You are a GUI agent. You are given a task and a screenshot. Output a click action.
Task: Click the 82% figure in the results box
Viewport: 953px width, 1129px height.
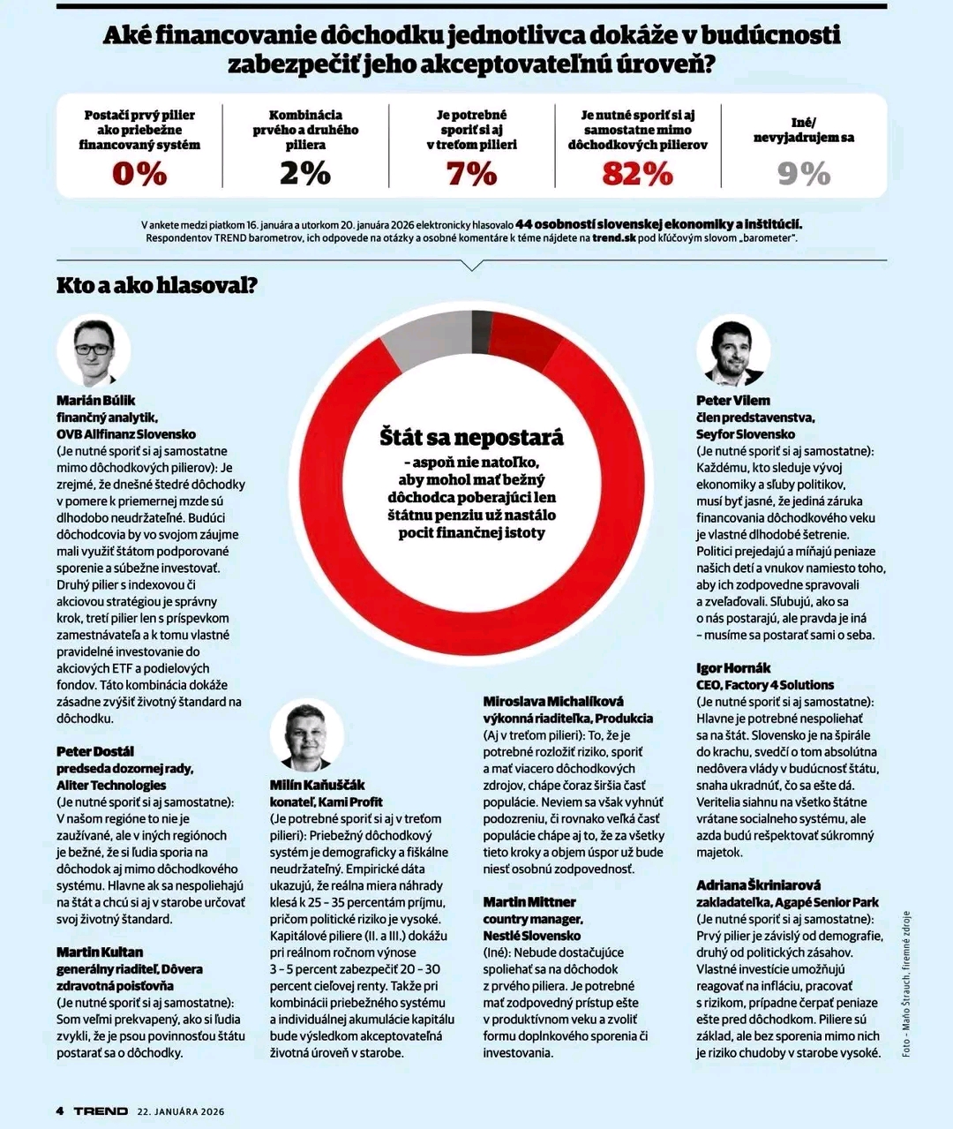click(638, 174)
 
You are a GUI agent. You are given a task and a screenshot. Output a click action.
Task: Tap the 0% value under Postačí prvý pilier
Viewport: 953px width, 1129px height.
click(139, 174)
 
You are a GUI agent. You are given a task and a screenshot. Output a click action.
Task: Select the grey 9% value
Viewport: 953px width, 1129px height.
click(804, 174)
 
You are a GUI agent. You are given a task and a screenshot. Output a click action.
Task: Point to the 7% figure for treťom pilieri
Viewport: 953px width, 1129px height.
click(471, 174)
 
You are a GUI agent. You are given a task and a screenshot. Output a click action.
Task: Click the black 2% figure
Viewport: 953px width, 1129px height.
click(305, 174)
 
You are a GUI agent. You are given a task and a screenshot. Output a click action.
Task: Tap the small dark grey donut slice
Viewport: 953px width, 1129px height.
click(481, 331)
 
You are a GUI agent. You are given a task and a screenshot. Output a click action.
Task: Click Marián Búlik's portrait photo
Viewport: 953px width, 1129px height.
click(94, 350)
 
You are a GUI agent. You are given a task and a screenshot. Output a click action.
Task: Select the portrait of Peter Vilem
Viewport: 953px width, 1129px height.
click(733, 350)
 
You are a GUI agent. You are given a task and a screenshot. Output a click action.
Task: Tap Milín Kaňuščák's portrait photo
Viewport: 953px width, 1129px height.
click(306, 736)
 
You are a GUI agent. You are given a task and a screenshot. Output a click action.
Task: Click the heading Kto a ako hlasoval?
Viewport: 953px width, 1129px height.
click(157, 285)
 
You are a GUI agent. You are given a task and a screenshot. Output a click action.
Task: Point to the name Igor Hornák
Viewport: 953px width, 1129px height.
click(733, 668)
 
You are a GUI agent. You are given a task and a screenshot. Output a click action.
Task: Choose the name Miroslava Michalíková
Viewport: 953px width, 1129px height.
click(553, 702)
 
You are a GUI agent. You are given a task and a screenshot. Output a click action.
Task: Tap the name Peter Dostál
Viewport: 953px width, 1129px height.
click(95, 751)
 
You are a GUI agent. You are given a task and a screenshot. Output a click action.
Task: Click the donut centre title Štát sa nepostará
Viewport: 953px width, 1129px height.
click(471, 438)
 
